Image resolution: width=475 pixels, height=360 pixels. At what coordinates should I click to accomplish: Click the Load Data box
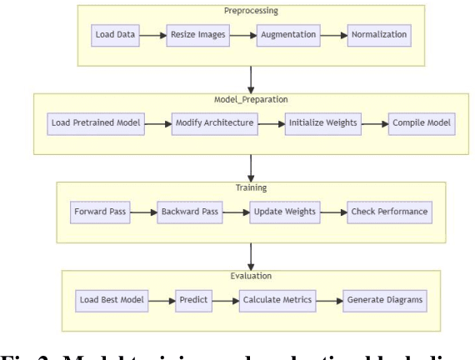114,36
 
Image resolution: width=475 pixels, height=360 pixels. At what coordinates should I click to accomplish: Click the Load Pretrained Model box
94,123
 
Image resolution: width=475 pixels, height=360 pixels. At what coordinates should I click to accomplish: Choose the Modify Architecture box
211,123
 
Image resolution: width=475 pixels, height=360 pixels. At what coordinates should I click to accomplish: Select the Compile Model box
422,123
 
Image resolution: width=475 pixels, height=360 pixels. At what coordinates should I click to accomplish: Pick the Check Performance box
389,212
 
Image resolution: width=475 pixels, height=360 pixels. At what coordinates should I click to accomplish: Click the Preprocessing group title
250,11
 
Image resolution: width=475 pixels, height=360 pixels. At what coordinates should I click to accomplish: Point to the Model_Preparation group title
250,99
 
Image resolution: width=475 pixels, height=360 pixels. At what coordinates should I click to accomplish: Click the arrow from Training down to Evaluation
250,253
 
